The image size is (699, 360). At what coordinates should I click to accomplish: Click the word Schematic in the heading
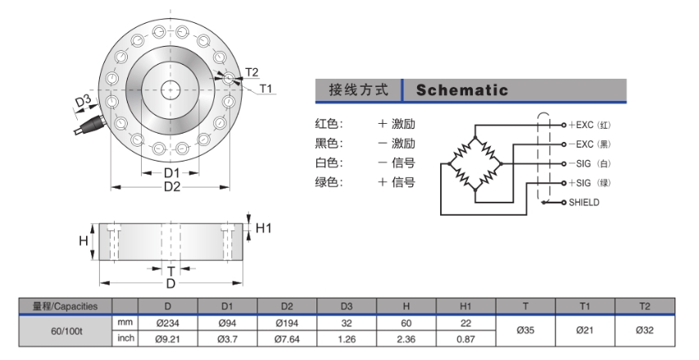(461, 90)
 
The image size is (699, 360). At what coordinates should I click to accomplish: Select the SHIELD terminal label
(584, 202)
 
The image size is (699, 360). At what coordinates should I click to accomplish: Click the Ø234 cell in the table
(167, 322)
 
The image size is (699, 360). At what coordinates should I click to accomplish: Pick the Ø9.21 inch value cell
(167, 338)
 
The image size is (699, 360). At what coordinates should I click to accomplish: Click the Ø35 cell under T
(526, 330)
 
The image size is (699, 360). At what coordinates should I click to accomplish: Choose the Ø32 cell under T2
(644, 330)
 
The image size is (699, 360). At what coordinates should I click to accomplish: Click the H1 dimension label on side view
(263, 228)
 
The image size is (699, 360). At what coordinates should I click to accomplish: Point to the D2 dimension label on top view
(171, 187)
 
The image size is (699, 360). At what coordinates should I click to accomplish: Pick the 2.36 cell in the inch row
(406, 338)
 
